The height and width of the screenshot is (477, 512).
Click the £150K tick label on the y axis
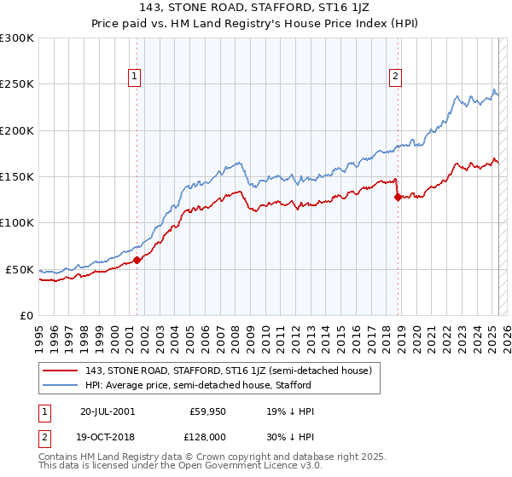point(17,176)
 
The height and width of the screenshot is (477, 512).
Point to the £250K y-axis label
point(17,84)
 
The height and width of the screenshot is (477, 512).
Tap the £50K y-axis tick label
point(20,269)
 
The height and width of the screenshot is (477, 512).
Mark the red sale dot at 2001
point(137,260)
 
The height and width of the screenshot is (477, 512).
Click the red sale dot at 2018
point(398,197)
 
